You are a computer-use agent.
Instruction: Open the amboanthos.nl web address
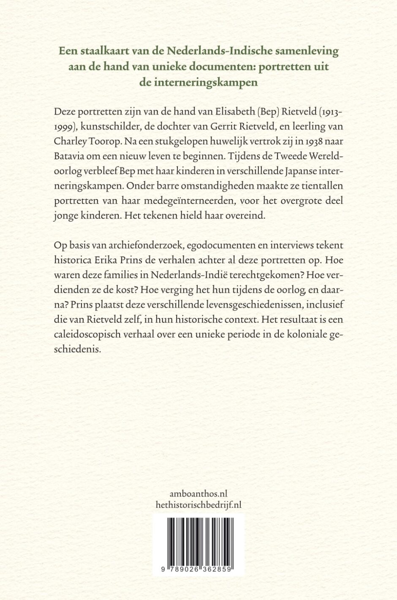198,493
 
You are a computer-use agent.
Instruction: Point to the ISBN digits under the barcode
198,570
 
